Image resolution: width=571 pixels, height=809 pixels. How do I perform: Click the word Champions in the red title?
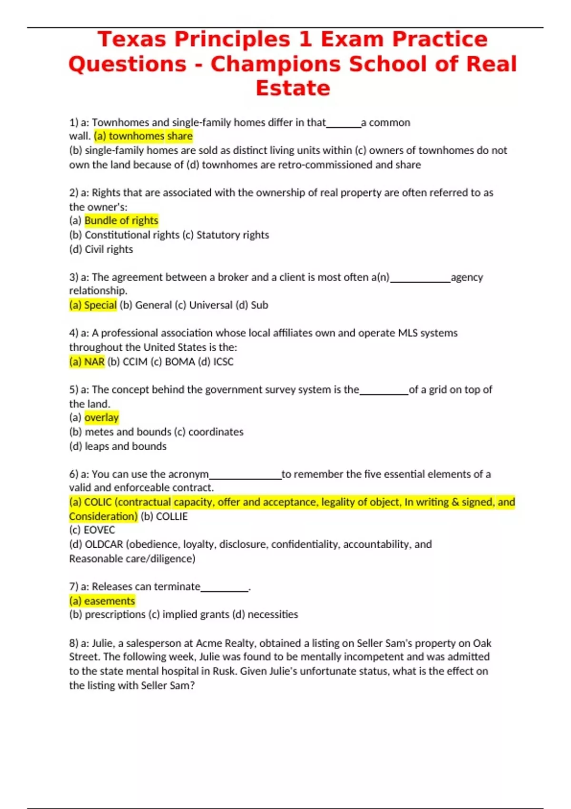tap(276, 64)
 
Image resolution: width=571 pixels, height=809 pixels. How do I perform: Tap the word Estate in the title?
tap(293, 89)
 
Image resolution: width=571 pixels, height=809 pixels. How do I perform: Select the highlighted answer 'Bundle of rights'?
tap(121, 221)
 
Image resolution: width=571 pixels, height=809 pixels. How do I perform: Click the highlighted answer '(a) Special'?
tap(93, 305)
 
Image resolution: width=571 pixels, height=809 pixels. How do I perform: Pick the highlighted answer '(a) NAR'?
tap(87, 362)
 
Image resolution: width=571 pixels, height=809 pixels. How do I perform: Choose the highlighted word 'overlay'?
tap(101, 418)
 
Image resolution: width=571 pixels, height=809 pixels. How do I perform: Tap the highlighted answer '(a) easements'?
tap(102, 601)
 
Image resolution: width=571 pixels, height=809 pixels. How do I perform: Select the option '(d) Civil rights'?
tap(101, 249)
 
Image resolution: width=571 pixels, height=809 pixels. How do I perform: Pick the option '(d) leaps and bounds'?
tap(118, 446)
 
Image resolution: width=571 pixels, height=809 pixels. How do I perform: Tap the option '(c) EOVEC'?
tap(92, 530)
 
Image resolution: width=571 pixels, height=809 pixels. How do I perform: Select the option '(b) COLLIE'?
tap(164, 516)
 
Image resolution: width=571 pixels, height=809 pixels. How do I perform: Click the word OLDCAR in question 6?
tap(104, 544)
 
